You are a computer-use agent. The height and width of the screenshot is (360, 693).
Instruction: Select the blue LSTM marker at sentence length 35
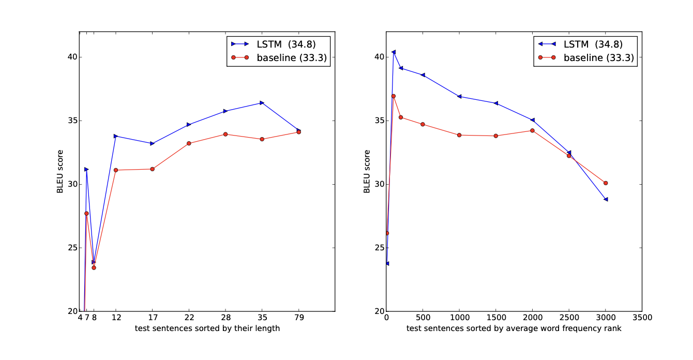262,102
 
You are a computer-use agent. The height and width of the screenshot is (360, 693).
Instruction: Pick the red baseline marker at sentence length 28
225,134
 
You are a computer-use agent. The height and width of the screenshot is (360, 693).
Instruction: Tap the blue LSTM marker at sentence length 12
116,136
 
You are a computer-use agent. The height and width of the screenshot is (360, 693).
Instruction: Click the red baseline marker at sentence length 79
299,132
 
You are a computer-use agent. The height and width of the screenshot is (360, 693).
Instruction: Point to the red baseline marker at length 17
152,169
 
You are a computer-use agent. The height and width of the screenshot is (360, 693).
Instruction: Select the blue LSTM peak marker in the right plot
394,52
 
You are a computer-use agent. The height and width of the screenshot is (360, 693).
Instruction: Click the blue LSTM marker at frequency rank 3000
606,199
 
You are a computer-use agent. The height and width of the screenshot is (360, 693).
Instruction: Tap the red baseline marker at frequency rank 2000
532,130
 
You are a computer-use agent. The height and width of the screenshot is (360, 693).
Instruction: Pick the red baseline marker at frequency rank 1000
459,135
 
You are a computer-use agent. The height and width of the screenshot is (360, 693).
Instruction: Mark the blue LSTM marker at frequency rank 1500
496,103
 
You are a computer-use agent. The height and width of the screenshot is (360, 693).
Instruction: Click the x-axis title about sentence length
207,328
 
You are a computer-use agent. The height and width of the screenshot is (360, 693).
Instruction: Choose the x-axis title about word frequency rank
514,328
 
